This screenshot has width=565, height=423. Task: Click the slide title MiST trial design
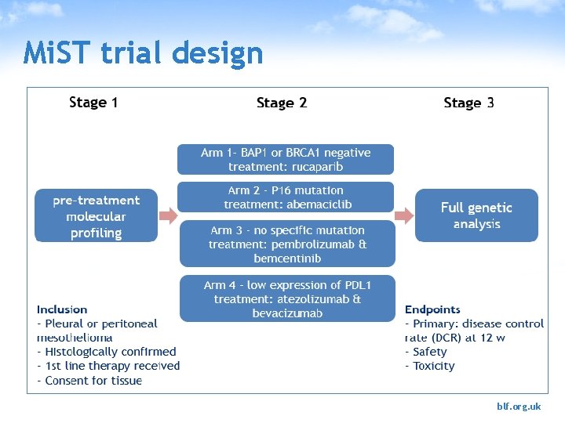tap(144, 54)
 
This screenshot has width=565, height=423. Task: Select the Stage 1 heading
tap(93, 103)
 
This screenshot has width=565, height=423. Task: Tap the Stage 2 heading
tap(282, 103)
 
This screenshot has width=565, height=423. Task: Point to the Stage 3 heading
tap(468, 103)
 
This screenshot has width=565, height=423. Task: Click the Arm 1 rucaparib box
tap(286, 159)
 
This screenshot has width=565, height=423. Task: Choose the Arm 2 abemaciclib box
tap(286, 197)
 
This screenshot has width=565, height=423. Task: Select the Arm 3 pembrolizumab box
tap(287, 244)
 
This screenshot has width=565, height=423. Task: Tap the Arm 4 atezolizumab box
tap(287, 298)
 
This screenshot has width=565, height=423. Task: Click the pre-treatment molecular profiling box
tap(97, 216)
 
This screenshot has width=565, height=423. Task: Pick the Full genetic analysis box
tap(476, 215)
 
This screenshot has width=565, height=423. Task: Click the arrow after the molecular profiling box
tap(169, 215)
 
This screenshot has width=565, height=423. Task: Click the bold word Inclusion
tap(62, 310)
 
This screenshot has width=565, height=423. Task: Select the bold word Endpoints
tap(432, 310)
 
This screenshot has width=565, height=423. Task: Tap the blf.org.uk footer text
tap(519, 407)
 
